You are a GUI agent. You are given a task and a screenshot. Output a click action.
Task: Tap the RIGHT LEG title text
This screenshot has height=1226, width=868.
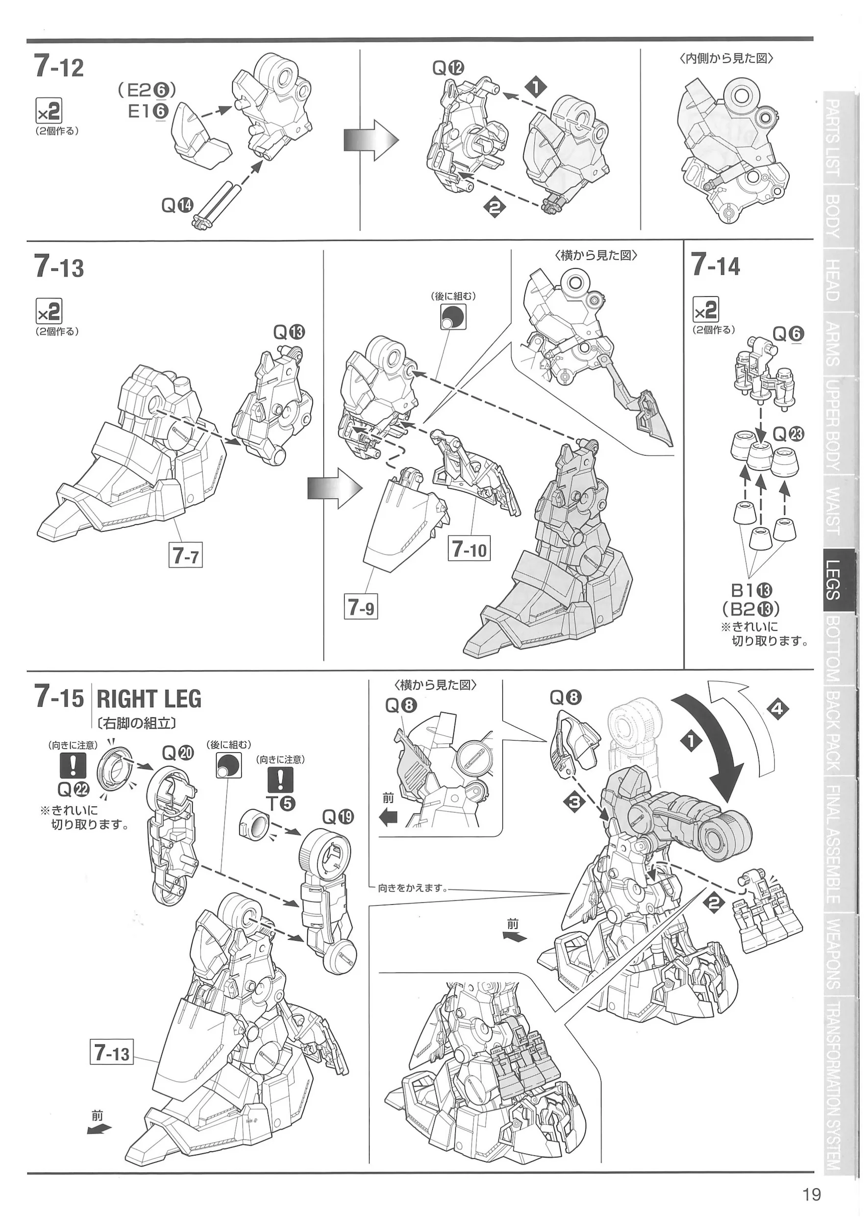[149, 699]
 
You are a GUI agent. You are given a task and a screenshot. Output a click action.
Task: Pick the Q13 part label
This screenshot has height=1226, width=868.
[289, 332]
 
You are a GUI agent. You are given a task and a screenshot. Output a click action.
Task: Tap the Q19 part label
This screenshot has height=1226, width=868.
[338, 817]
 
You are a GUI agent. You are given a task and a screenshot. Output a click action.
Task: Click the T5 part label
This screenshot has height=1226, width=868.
[279, 803]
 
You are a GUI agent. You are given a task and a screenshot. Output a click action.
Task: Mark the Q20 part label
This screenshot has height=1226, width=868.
[178, 753]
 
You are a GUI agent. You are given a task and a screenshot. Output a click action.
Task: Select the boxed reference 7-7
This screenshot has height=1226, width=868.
[185, 555]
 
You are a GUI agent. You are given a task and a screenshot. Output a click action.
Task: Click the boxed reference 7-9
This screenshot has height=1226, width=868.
[361, 607]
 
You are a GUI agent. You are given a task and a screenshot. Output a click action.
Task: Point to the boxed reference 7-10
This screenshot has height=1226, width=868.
[469, 549]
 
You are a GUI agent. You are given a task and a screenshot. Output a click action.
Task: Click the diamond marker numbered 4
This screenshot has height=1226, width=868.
[778, 709]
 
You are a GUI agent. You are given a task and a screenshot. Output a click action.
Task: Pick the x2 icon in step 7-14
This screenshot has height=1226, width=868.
[705, 309]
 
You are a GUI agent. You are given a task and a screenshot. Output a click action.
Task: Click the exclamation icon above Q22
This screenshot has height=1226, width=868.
[73, 765]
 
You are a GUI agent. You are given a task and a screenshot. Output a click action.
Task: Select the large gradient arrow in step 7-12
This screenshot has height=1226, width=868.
[372, 141]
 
